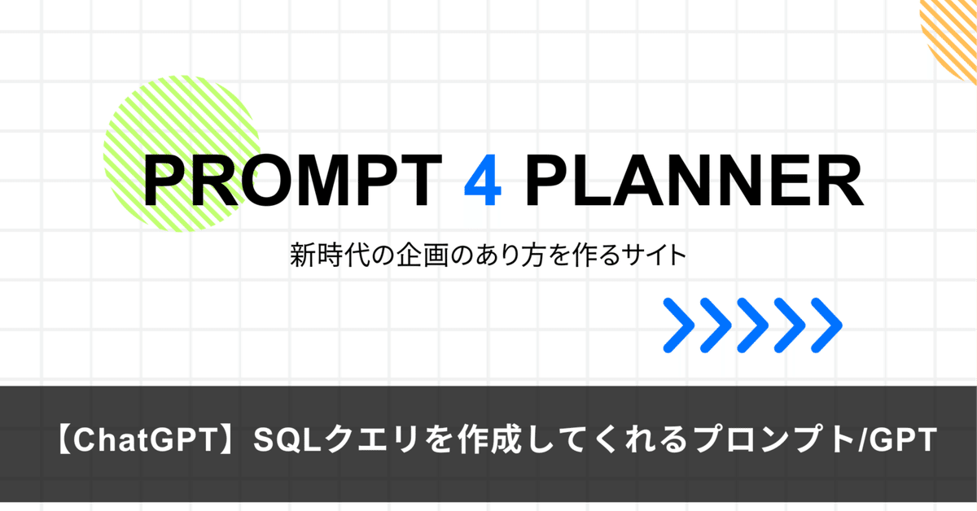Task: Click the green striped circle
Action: click(163, 138)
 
